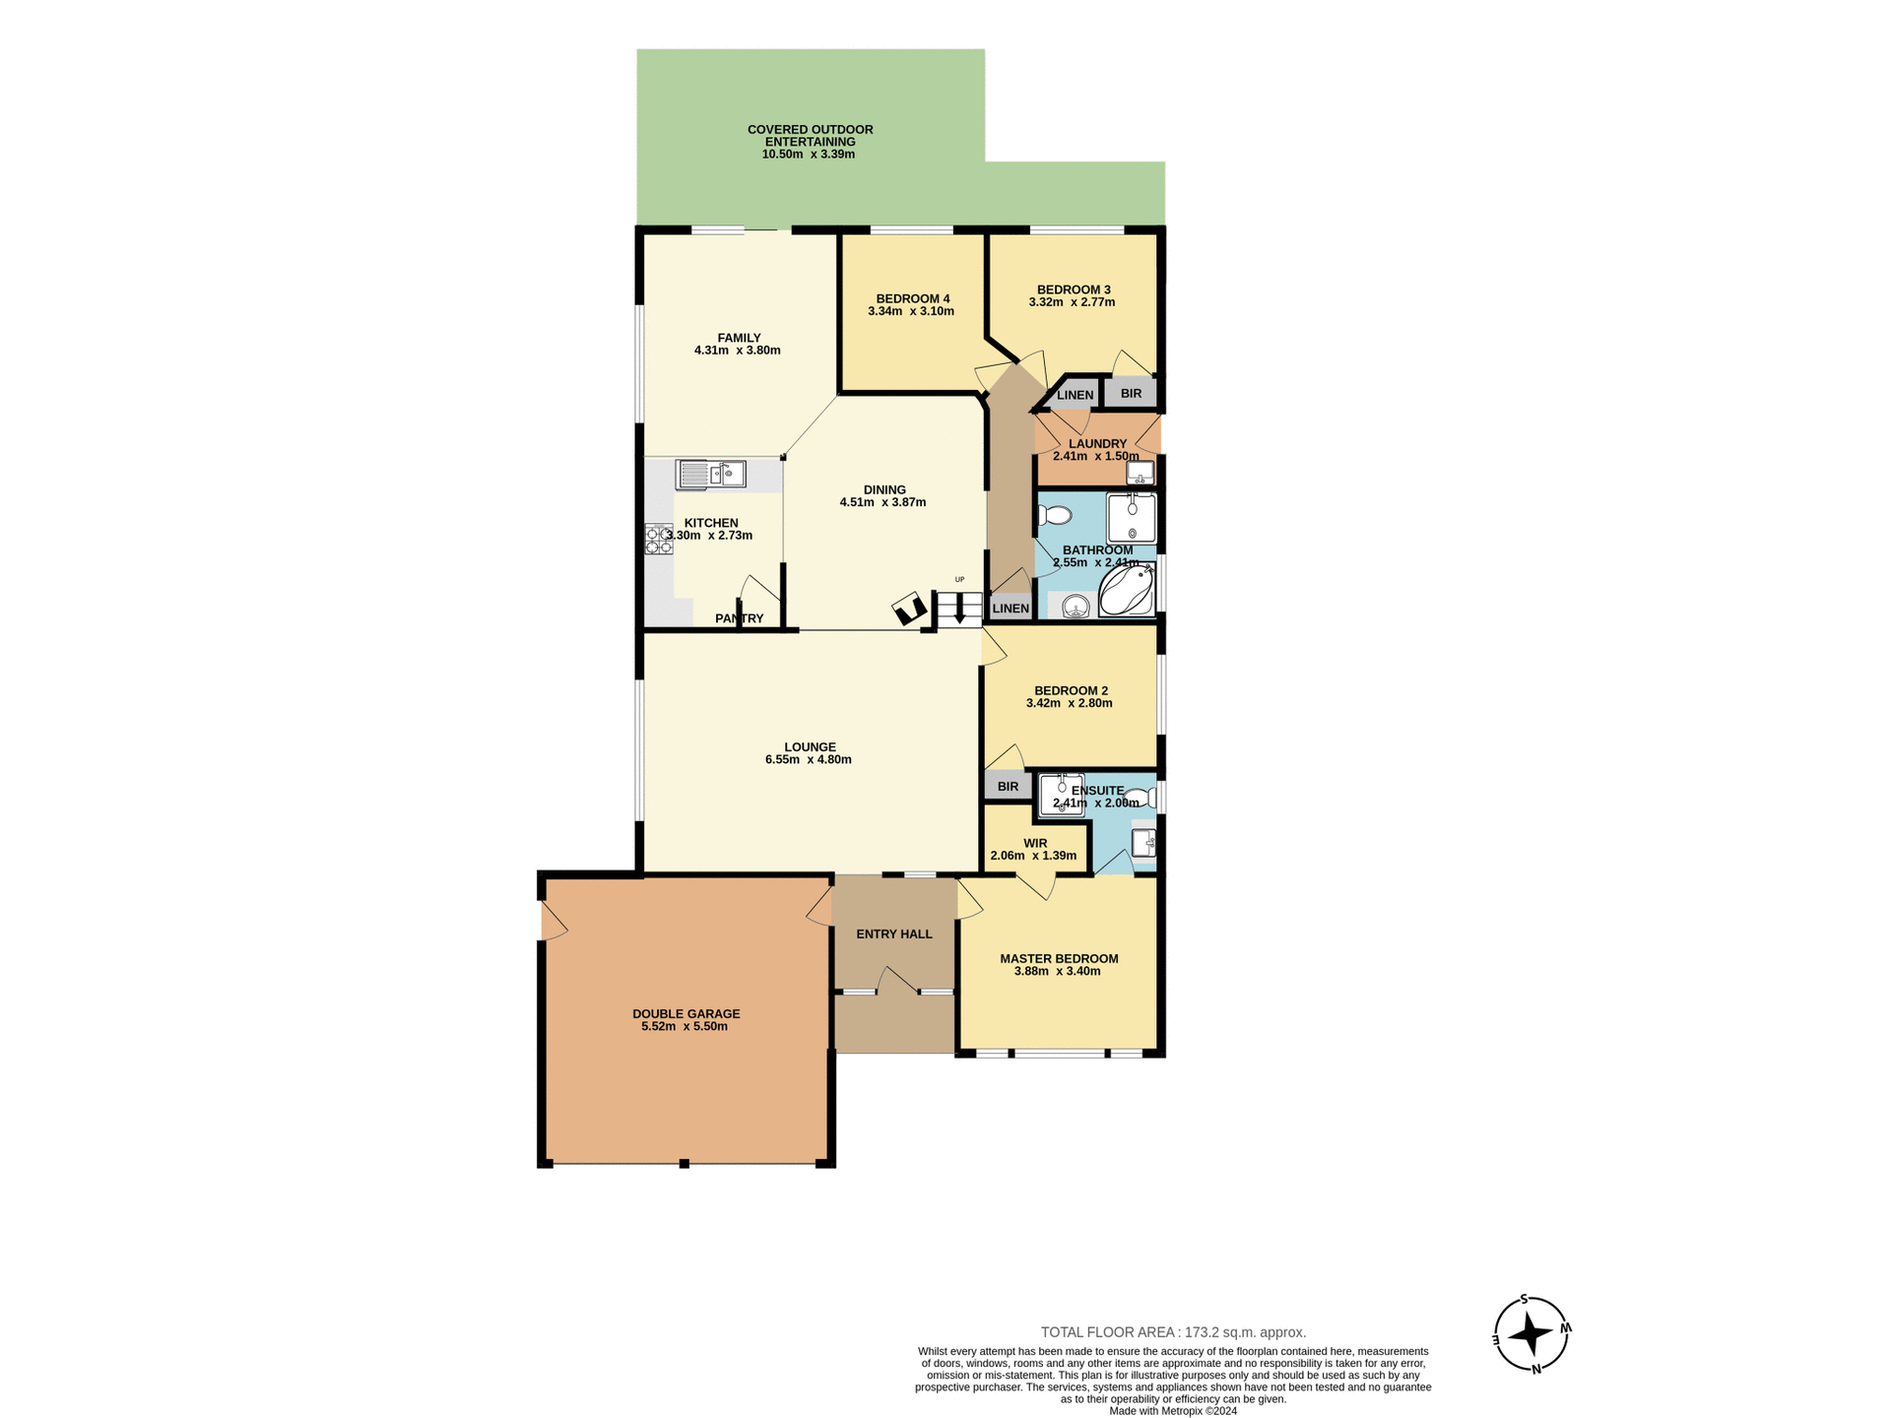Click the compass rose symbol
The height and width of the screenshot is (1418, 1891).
point(1531,1334)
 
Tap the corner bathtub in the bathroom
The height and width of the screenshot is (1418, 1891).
point(1126,590)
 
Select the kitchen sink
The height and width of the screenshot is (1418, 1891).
point(710,475)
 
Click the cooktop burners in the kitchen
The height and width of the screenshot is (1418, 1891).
point(658,539)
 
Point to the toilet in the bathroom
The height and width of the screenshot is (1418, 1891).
point(1055,515)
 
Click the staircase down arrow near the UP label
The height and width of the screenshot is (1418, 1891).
point(959,609)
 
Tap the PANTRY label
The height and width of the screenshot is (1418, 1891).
point(739,618)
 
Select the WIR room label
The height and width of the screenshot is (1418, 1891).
point(1034,843)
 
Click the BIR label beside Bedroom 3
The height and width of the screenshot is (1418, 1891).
point(1131,393)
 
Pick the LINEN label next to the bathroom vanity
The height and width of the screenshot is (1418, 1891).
point(1011,609)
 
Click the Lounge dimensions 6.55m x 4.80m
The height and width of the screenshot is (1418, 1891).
point(808,759)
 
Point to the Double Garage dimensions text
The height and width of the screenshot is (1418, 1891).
point(685,1026)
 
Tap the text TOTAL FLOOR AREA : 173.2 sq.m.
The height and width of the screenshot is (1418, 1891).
point(1173,1332)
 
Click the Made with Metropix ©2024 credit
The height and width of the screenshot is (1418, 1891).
point(1172,1411)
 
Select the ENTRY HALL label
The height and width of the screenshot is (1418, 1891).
point(893,934)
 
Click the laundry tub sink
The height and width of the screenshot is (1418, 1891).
point(1140,473)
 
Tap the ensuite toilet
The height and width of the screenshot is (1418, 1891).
point(1141,798)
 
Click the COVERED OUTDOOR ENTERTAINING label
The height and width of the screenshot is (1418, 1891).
point(810,136)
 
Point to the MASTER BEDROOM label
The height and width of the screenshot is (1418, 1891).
point(1059,958)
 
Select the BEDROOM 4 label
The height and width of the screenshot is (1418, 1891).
point(912,298)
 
